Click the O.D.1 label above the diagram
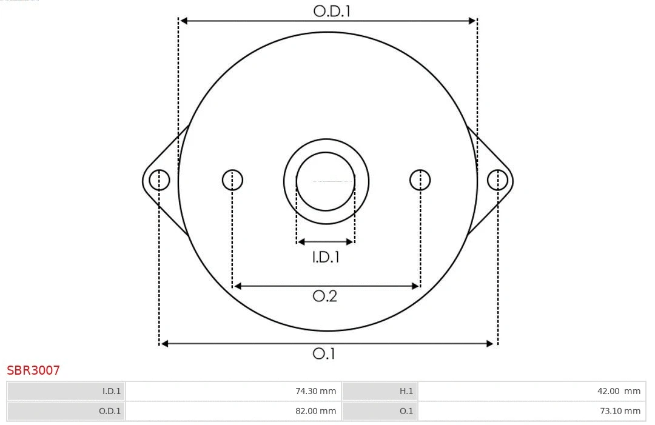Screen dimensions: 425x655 point(332,11)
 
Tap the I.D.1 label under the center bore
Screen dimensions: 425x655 point(326,257)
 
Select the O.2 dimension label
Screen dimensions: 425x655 point(324,296)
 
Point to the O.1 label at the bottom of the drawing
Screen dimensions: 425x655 point(324,353)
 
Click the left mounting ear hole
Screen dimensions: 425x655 point(160,180)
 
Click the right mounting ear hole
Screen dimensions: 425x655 point(497,180)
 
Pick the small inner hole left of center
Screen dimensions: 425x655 point(232,180)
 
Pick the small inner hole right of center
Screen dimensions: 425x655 point(420,180)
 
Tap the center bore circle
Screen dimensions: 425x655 point(326,181)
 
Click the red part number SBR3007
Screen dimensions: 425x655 point(33,370)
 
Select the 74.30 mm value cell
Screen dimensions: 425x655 point(233,391)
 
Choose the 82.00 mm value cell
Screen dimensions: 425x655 point(233,411)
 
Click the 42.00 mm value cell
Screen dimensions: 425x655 point(531,391)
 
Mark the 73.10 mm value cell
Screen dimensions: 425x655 point(531,411)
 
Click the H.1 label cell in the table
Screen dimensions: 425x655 point(380,391)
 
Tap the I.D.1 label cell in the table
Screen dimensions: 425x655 point(66,391)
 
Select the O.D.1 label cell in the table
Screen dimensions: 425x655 point(66,411)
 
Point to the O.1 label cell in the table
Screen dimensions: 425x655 point(380,411)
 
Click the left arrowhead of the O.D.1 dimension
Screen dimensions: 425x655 point(184,21)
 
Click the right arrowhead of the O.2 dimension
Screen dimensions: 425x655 point(416,286)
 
